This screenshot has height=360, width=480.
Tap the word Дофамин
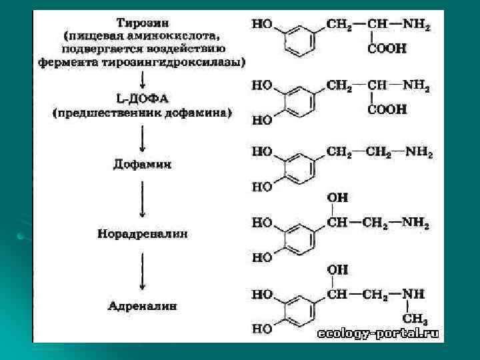[x=141, y=163]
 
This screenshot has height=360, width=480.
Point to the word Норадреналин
[x=142, y=234]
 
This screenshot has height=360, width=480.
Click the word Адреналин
[x=142, y=307]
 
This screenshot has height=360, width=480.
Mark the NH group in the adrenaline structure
[x=413, y=294]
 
